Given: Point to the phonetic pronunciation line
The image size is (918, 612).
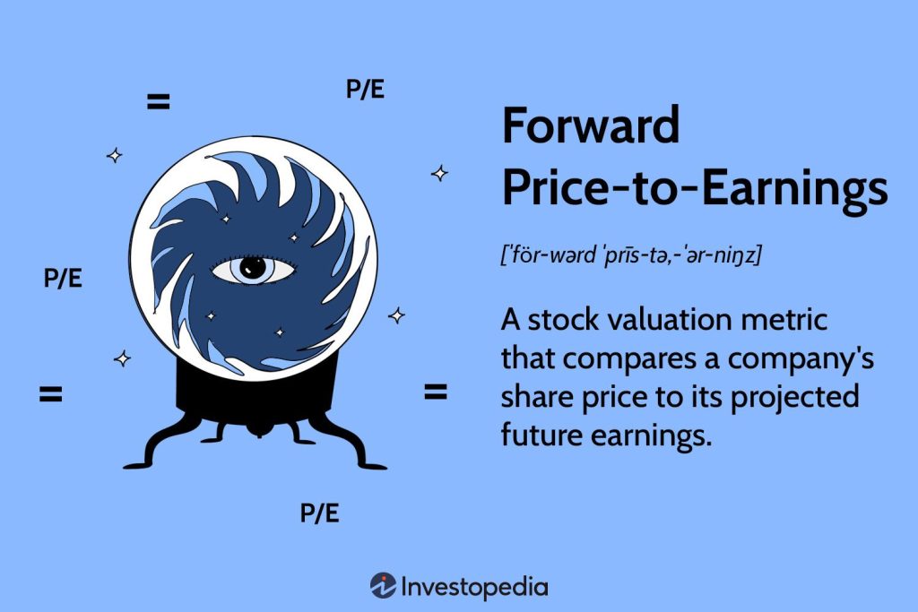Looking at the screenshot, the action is point(630,255).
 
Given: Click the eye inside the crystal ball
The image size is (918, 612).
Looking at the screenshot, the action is point(253,269).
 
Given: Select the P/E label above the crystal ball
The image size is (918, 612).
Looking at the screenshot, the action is point(365,90).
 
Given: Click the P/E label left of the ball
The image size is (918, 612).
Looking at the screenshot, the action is point(63,278).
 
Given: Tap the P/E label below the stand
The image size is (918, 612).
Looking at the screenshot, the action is point(320,513).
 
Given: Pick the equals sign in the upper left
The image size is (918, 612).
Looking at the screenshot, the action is point(158,102).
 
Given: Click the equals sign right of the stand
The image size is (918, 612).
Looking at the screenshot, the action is point(435,392).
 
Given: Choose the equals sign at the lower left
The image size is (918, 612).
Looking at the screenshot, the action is point(50,393).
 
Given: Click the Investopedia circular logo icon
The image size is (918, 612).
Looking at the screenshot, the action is point(383,586).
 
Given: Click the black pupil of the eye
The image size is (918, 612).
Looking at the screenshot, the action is point(254,269).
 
